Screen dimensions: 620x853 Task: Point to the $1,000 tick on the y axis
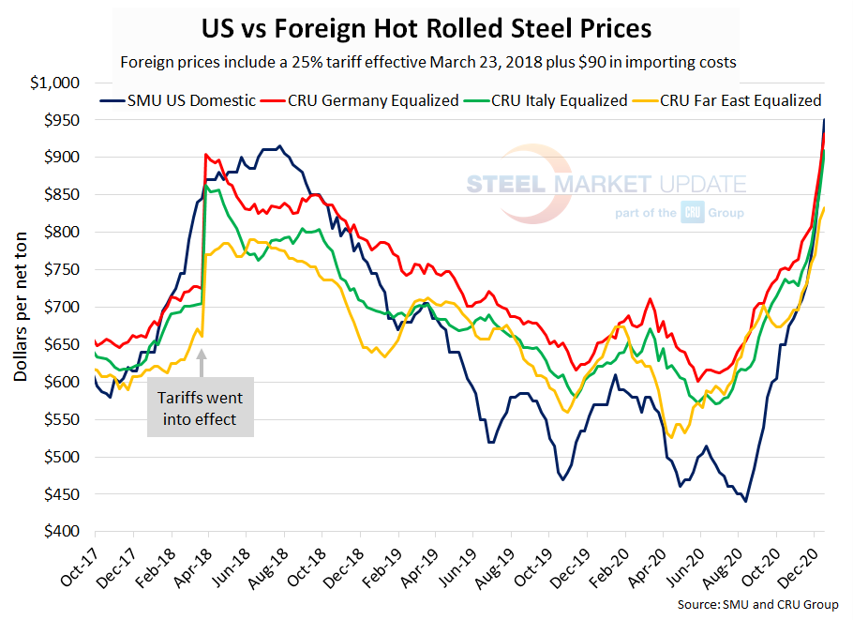[x=56, y=83]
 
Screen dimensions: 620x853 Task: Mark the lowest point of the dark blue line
[x=745, y=501]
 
